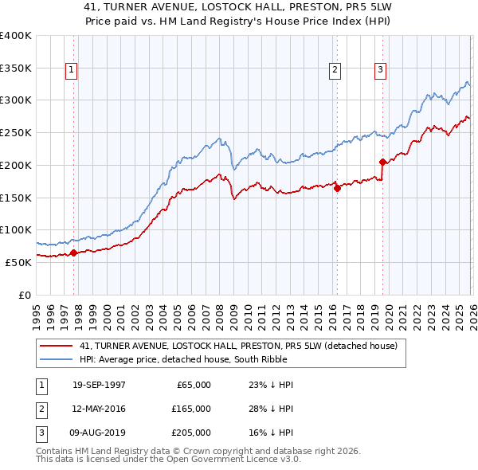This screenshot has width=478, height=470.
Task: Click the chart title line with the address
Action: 239,6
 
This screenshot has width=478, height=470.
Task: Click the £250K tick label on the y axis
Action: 16,132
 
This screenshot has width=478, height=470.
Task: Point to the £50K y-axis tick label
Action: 18,262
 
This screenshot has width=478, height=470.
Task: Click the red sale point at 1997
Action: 74,253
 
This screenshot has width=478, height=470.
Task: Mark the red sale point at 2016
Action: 337,188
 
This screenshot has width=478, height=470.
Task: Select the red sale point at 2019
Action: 383,162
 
